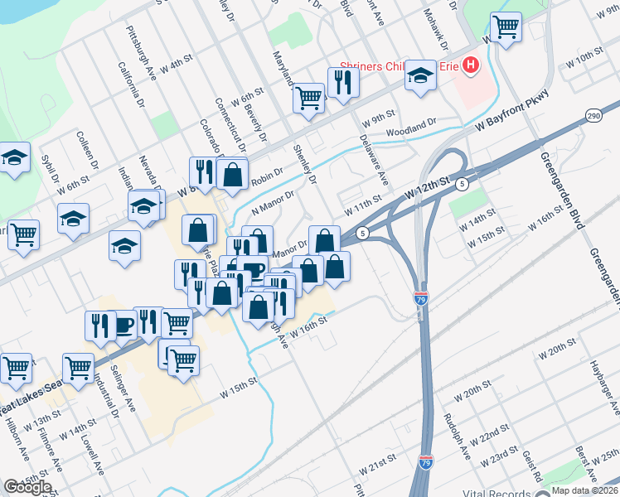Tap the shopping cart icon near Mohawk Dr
point(505,27)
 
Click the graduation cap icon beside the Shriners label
point(420,77)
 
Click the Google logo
point(28,486)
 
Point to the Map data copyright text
point(584,490)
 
